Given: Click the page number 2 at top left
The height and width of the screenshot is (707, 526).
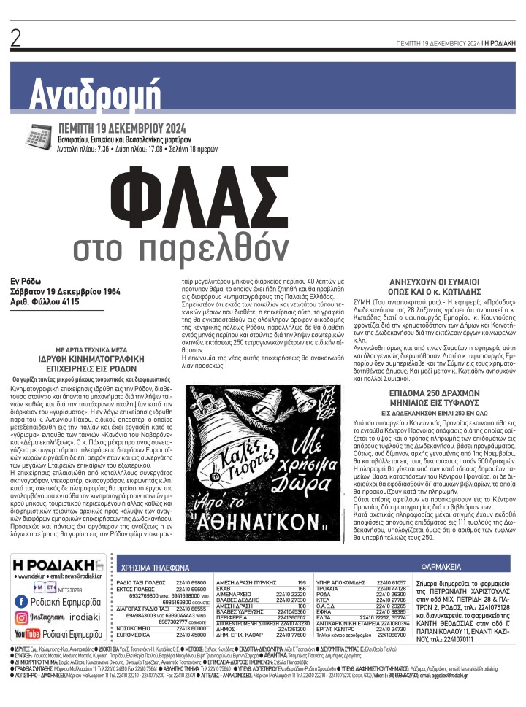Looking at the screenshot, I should (16, 39).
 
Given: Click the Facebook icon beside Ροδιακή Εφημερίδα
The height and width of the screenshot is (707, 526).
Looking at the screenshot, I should (21, 601).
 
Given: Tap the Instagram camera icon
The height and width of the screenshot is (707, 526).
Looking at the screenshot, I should (21, 617).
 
